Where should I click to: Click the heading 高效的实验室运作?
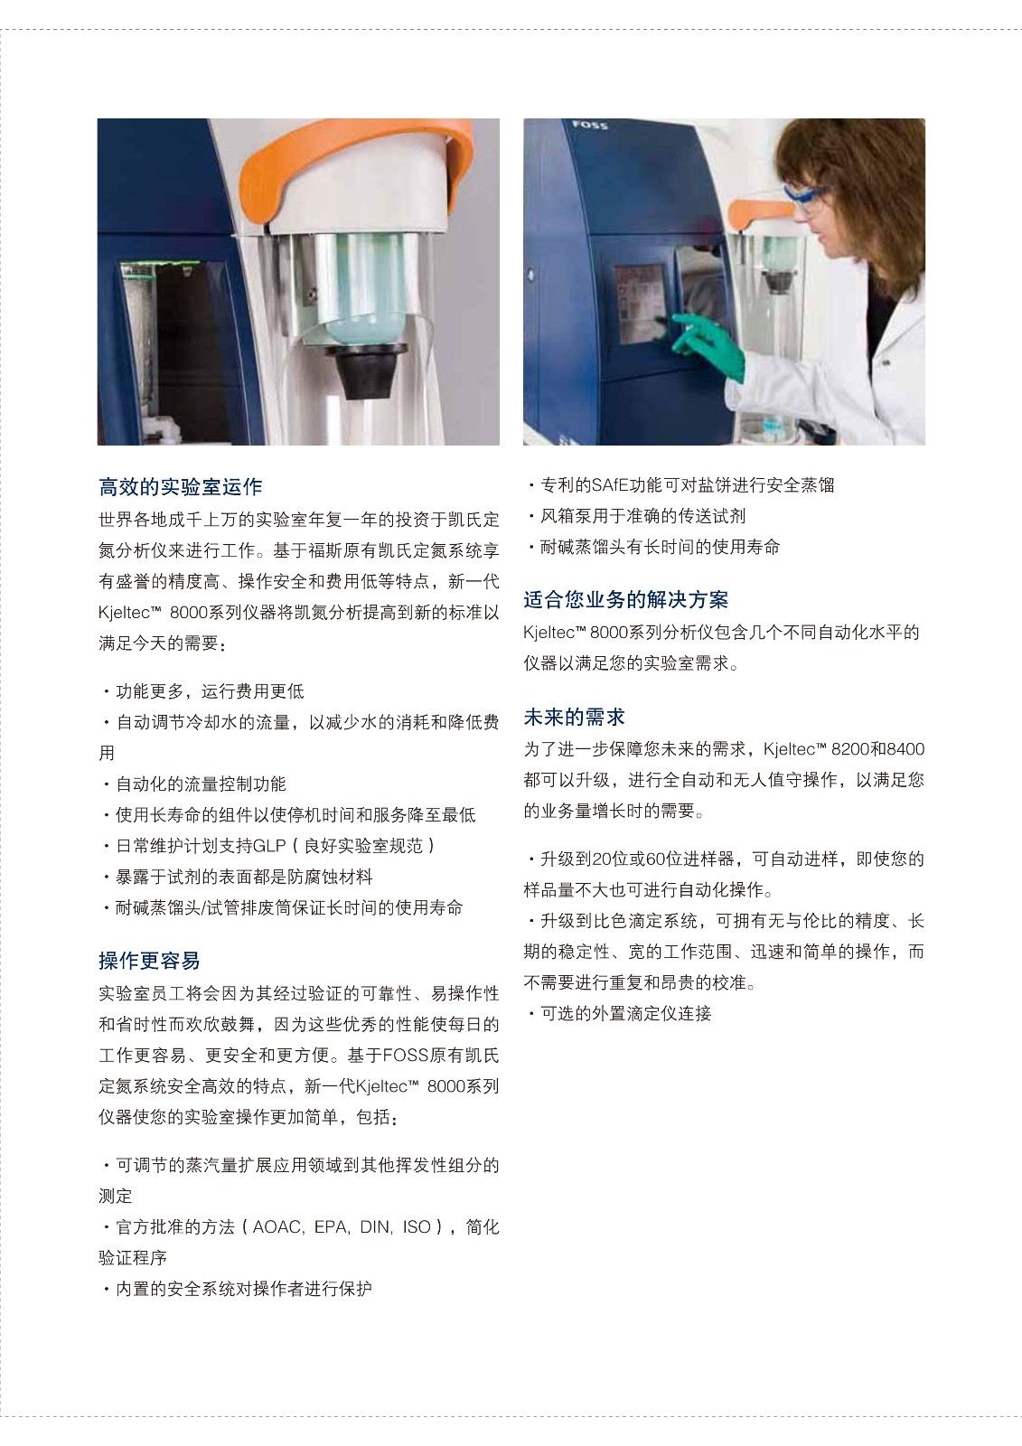(180, 486)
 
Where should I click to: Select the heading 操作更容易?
(149, 961)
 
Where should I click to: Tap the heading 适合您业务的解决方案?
(625, 600)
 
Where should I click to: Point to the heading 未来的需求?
(574, 717)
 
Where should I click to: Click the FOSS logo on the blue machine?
(590, 125)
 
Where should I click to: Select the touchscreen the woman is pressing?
(639, 304)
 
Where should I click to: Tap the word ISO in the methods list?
(417, 1227)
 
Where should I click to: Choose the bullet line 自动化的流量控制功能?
(195, 784)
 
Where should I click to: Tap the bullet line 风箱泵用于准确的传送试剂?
(637, 516)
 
